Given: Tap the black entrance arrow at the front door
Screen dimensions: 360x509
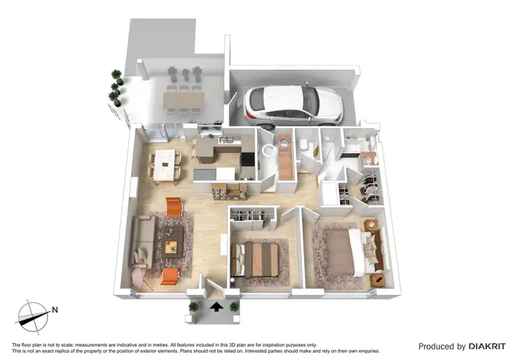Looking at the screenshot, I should coord(216,307).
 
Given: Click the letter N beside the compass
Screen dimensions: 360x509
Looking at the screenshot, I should coord(55,311).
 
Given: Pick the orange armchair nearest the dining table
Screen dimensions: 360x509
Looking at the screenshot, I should coord(174,205).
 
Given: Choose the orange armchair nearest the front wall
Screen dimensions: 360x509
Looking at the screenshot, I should coord(169,276).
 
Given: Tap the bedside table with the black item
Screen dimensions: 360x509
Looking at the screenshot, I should coord(378,279).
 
